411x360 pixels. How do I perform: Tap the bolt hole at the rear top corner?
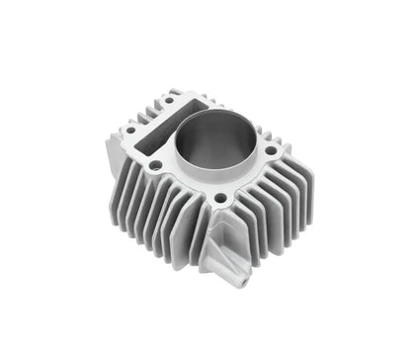coord(176,97)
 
